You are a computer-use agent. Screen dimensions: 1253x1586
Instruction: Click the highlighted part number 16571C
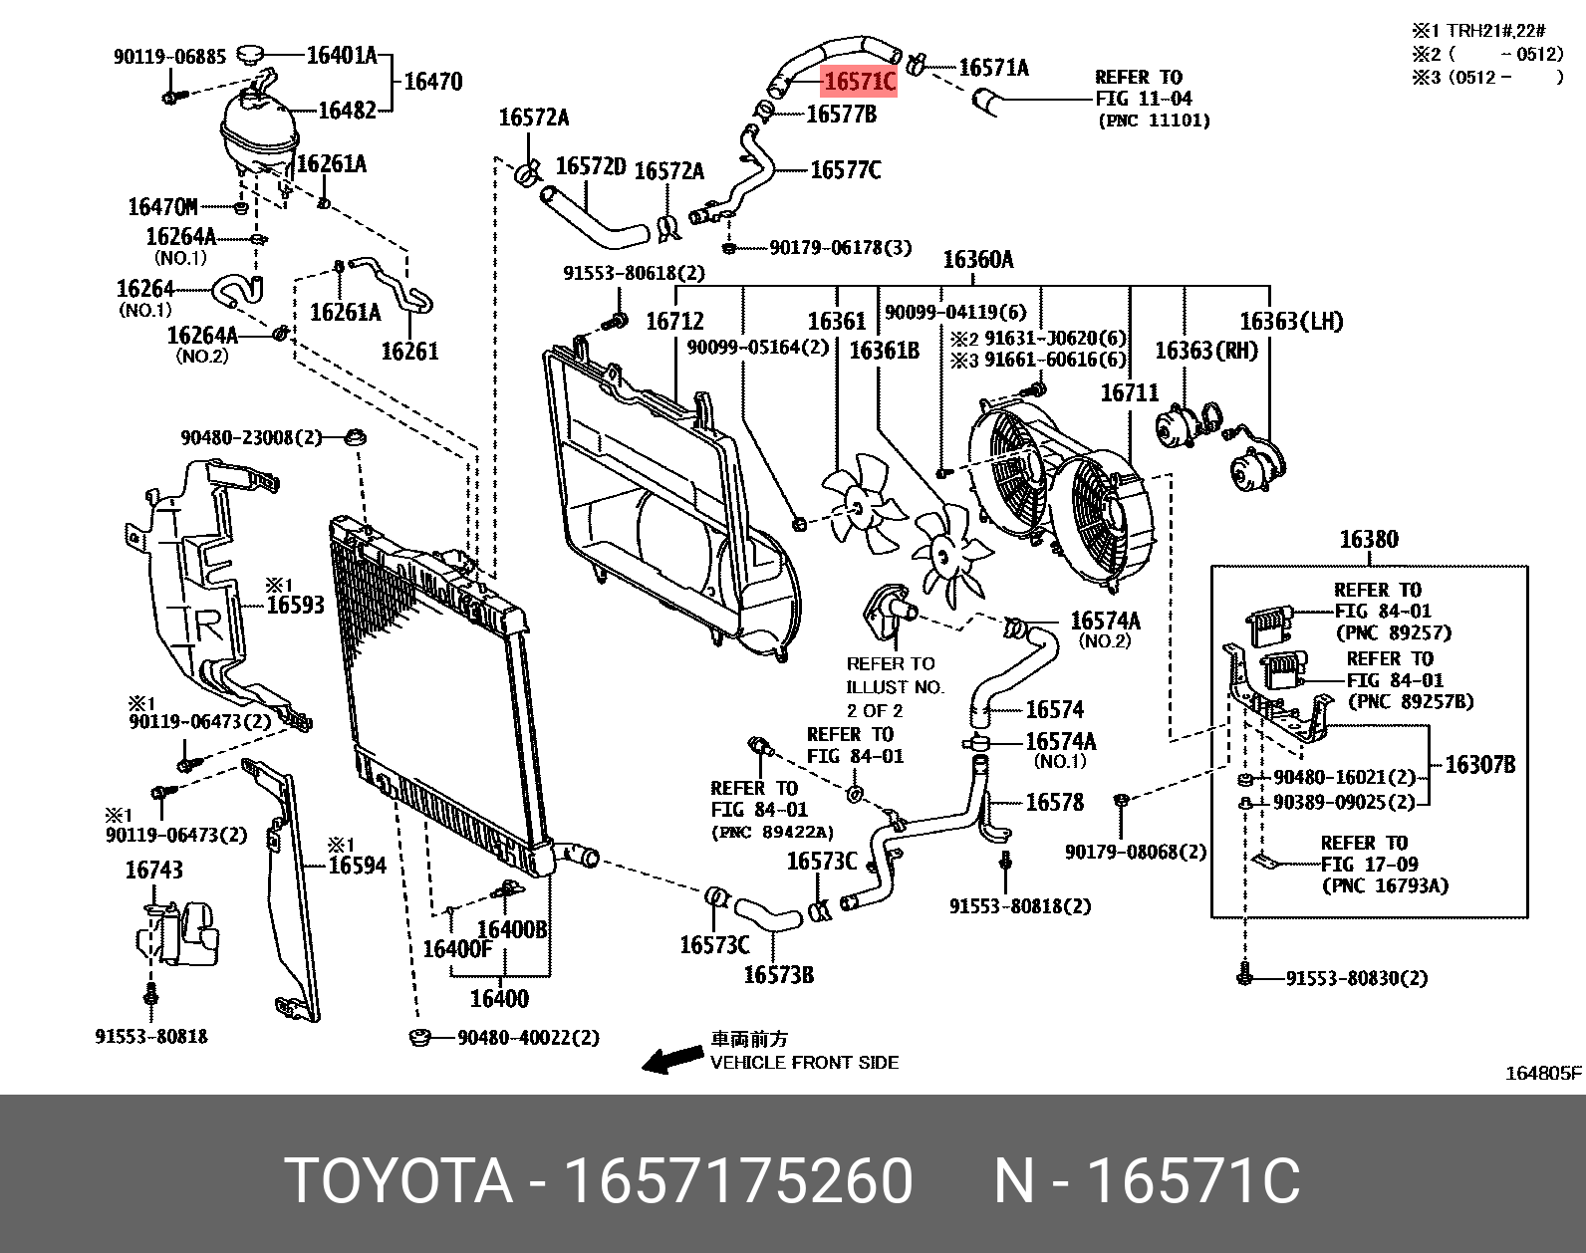pyautogui.click(x=859, y=82)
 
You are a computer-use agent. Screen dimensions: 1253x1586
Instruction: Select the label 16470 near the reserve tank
pyautogui.click(x=432, y=82)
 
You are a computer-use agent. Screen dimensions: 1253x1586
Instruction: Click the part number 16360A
pyautogui.click(x=977, y=260)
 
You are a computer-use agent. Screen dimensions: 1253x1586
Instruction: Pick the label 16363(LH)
pyautogui.click(x=1290, y=322)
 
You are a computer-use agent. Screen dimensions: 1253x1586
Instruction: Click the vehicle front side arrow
pyautogui.click(x=671, y=1060)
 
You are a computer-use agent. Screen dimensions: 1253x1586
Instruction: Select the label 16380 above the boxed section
pyautogui.click(x=1368, y=540)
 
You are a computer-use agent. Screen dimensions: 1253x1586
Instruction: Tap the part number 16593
pyautogui.click(x=295, y=605)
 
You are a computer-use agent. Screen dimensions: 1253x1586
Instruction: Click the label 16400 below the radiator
pyautogui.click(x=499, y=998)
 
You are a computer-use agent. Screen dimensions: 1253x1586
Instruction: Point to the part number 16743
pyautogui.click(x=153, y=871)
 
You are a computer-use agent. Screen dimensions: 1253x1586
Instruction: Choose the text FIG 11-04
pyautogui.click(x=1143, y=99)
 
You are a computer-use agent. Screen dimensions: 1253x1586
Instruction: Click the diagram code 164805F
pyautogui.click(x=1542, y=1073)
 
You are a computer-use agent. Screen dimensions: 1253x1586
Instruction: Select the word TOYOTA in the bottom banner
pyautogui.click(x=397, y=1181)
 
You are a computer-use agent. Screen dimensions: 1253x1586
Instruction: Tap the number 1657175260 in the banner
pyautogui.click(x=738, y=1181)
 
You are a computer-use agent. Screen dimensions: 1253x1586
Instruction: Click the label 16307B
pyautogui.click(x=1479, y=765)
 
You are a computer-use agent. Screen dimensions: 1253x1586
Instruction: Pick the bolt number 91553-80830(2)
pyautogui.click(x=1356, y=978)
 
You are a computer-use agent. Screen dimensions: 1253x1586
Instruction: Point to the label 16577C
pyautogui.click(x=845, y=170)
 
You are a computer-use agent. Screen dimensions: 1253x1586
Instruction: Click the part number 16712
pyautogui.click(x=674, y=321)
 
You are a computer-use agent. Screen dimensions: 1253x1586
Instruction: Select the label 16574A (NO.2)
pyautogui.click(x=1105, y=622)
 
